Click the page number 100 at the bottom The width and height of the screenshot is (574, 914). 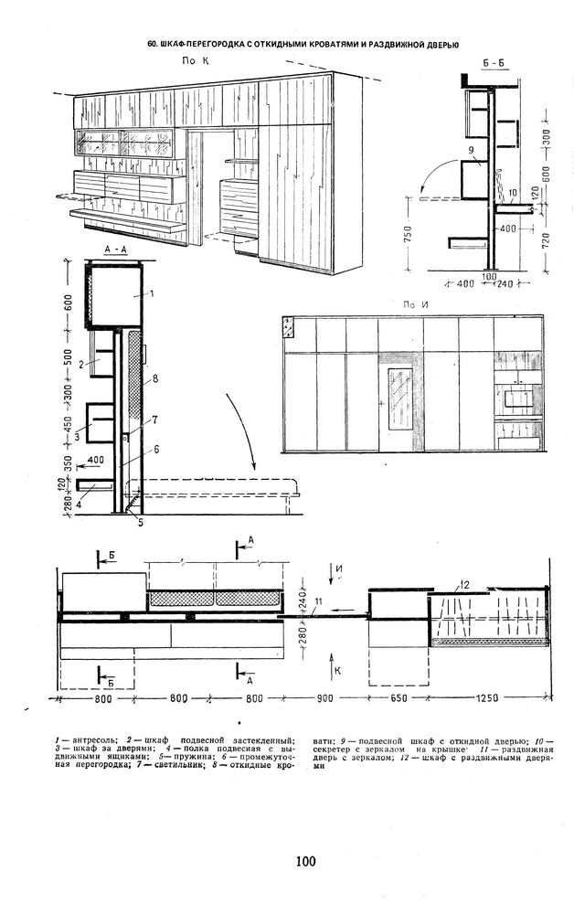click(306, 861)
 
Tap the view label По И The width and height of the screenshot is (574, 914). click(416, 304)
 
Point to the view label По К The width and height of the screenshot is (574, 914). click(196, 60)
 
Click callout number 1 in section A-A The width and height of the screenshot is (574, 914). click(152, 293)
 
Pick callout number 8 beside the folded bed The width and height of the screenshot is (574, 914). click(155, 379)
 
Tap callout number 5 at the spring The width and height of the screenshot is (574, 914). click(141, 522)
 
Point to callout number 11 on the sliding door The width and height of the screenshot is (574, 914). click(318, 601)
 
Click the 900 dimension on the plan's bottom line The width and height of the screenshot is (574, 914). click(324, 698)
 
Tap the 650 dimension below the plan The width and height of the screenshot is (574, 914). click(399, 698)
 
